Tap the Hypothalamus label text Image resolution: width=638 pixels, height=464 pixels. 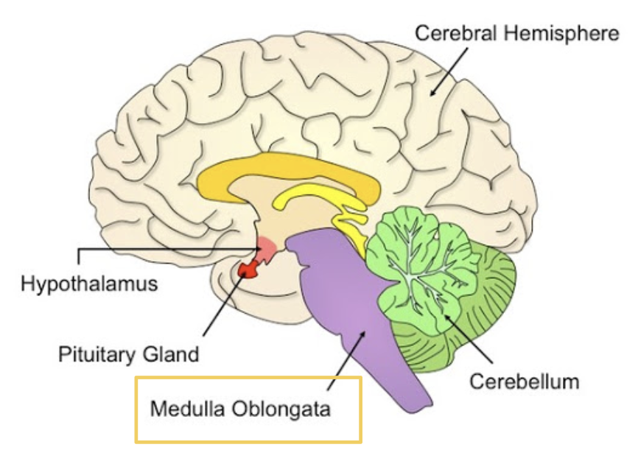[89, 283]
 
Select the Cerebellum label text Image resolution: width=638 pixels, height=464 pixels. [524, 382]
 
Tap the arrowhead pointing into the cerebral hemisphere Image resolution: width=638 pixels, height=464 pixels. [434, 91]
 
